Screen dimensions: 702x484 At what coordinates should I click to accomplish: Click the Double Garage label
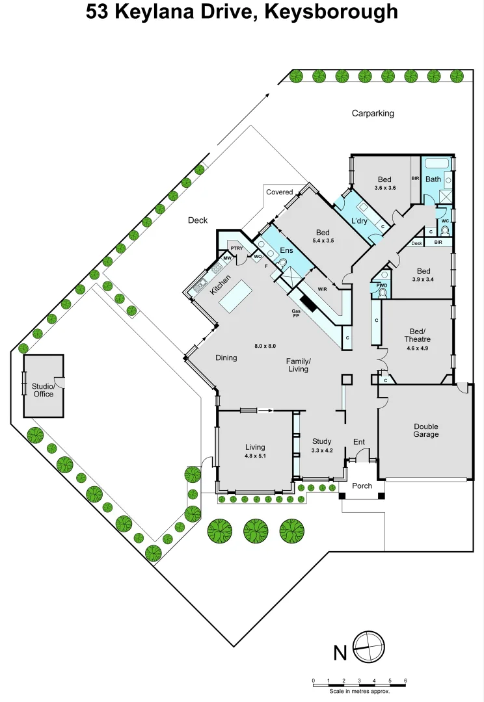(x=426, y=430)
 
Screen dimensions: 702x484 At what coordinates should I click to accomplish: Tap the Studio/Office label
(x=43, y=390)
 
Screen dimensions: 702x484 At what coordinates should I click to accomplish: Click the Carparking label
(x=373, y=113)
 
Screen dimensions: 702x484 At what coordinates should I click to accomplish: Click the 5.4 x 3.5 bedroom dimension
(x=323, y=241)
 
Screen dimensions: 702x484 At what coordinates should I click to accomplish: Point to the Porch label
(x=362, y=486)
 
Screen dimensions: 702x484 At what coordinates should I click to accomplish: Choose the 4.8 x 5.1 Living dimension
(x=255, y=456)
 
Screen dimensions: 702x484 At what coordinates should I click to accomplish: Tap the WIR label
(x=322, y=289)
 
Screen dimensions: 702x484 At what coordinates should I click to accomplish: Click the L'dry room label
(x=359, y=221)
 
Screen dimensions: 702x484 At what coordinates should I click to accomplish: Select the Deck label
(x=198, y=220)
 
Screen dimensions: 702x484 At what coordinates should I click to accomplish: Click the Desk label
(x=417, y=243)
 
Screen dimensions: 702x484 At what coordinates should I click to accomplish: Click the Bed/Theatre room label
(x=417, y=335)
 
